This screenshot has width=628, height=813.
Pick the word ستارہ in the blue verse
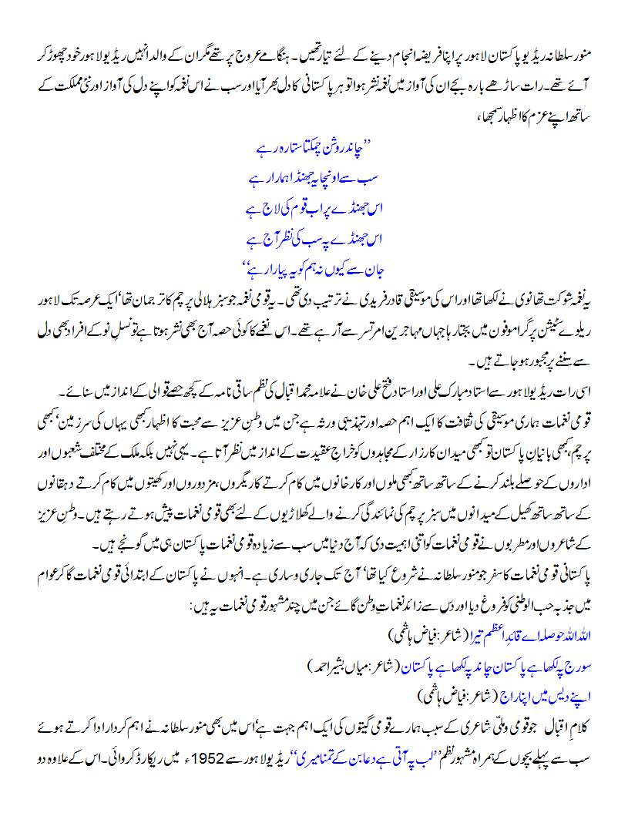275,144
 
